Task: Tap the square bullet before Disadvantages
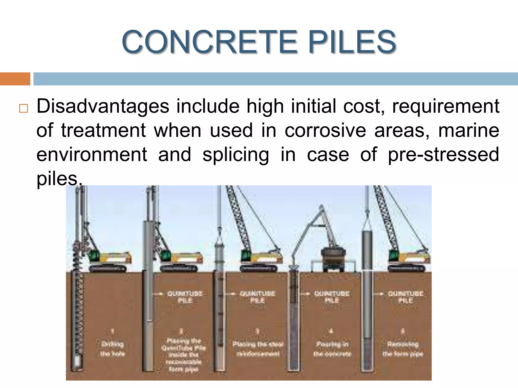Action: [x=23, y=108]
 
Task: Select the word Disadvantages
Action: [x=103, y=107]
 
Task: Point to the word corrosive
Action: [x=325, y=131]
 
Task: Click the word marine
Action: [x=469, y=131]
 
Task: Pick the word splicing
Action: [x=236, y=155]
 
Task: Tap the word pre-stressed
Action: [x=443, y=155]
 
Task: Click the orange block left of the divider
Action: [x=15, y=79]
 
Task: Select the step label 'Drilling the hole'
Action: [x=112, y=349]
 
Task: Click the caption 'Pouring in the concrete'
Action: [x=332, y=349]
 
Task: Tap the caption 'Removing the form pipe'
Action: [x=403, y=349]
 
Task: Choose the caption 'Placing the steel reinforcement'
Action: [x=258, y=349]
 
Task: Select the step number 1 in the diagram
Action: [x=113, y=331]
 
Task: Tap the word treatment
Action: [x=103, y=131]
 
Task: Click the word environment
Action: [x=92, y=155]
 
